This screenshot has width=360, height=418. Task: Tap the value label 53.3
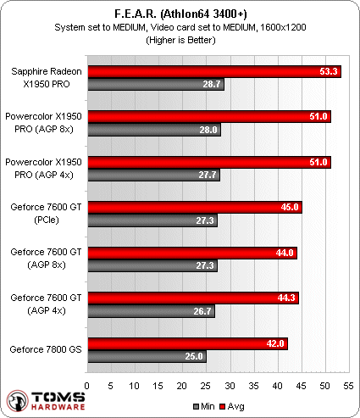330,73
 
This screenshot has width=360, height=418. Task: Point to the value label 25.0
195,356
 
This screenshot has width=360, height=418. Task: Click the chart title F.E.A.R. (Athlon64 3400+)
180,14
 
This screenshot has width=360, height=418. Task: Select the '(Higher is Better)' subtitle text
180,39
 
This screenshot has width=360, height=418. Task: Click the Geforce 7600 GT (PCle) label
44,213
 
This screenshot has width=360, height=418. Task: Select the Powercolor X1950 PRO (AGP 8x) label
44,122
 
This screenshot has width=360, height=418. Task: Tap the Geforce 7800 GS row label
44,349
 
